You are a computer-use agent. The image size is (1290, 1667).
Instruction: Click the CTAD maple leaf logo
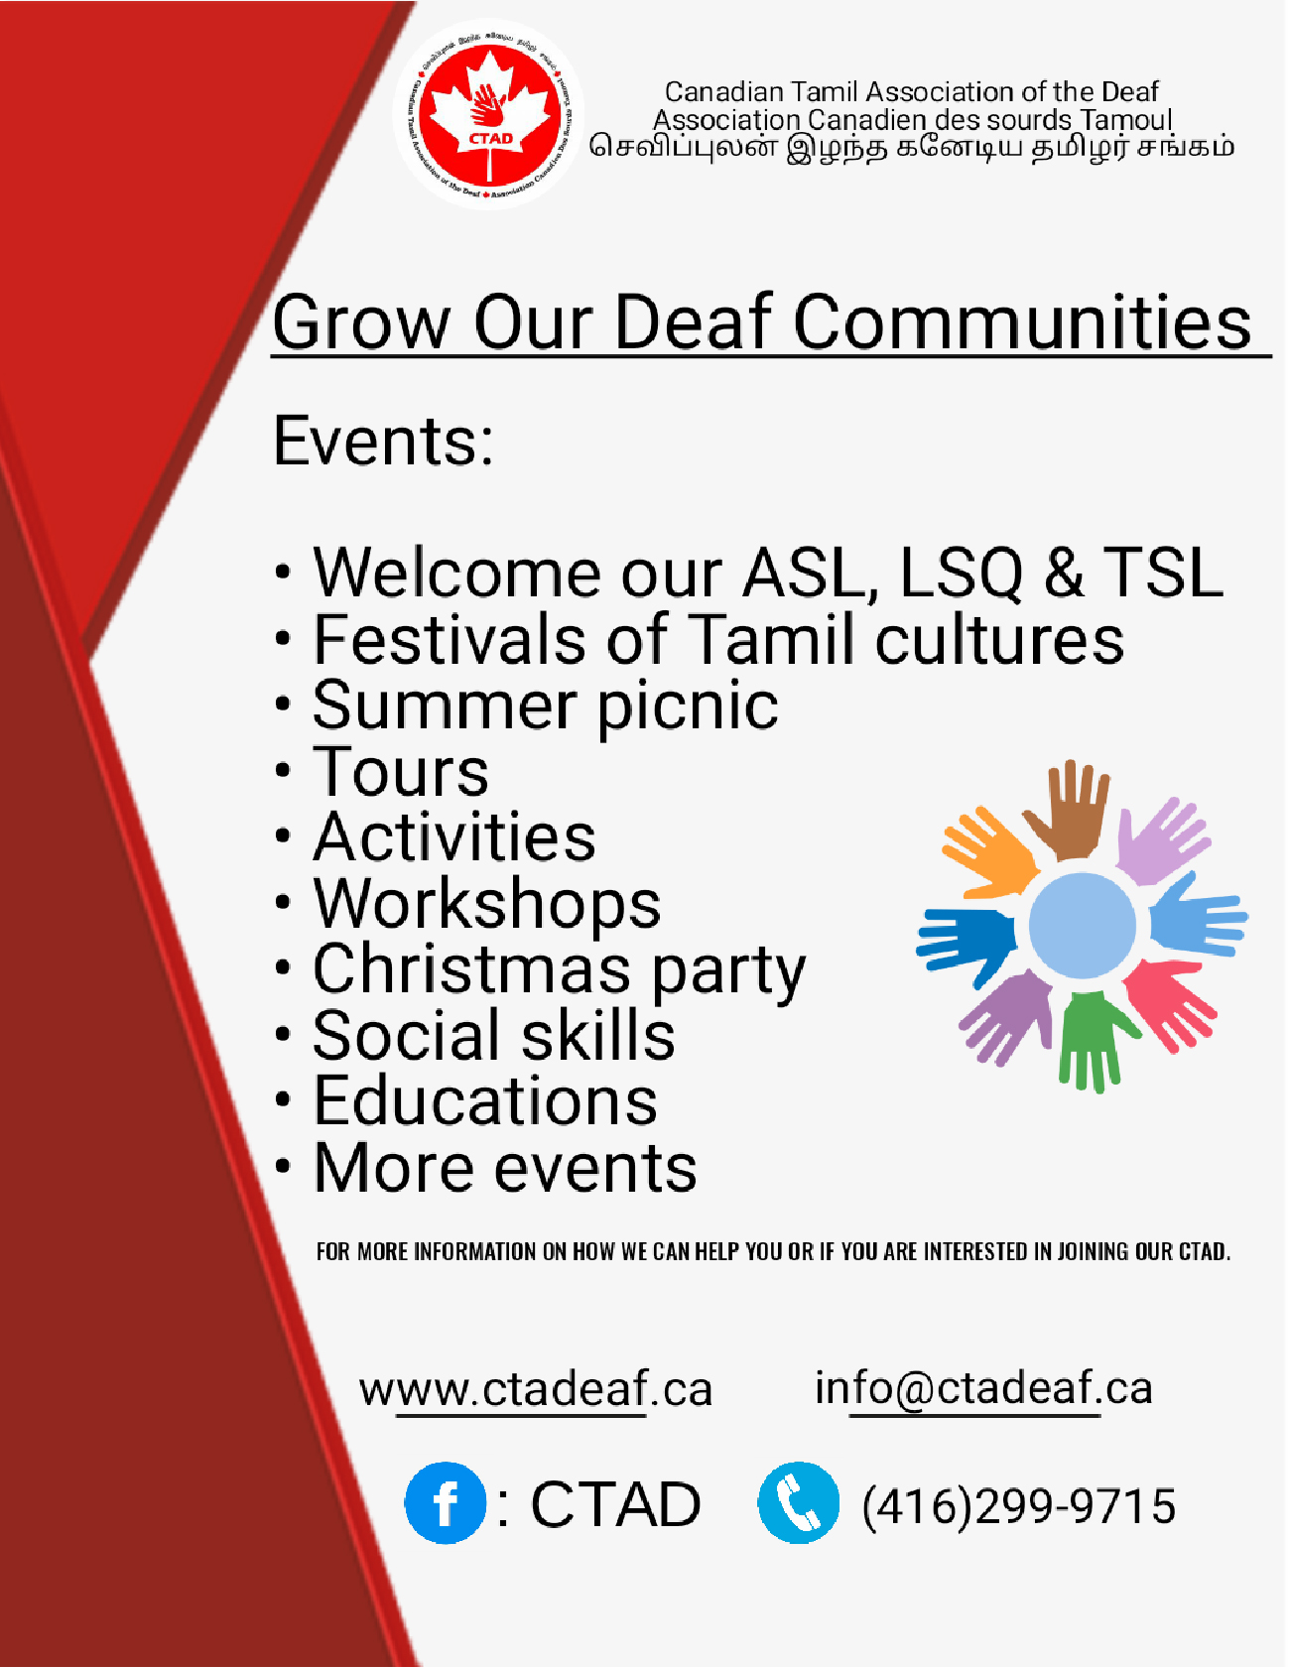pyautogui.click(x=489, y=114)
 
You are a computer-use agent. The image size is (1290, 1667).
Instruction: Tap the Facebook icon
pyautogui.click(x=446, y=1503)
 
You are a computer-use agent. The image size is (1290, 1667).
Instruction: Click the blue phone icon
pyautogui.click(x=798, y=1503)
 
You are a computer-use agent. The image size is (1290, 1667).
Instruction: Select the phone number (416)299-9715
pyautogui.click(x=1018, y=1506)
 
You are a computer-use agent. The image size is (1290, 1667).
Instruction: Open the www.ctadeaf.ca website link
pyautogui.click(x=536, y=1389)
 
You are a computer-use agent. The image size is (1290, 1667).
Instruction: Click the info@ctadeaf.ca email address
pyautogui.click(x=983, y=1388)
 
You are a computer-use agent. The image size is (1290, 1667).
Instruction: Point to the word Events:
pyautogui.click(x=383, y=441)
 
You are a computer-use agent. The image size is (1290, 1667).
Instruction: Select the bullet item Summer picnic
pyautogui.click(x=545, y=705)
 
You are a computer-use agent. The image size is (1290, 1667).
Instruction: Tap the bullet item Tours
pyautogui.click(x=401, y=772)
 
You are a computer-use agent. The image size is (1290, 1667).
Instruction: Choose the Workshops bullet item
pyautogui.click(x=486, y=904)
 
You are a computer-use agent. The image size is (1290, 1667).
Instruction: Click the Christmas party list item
pyautogui.click(x=559, y=970)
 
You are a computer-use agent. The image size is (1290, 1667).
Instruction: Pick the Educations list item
pyautogui.click(x=485, y=1101)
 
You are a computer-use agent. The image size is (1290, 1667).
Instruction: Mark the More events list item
pyautogui.click(x=505, y=1168)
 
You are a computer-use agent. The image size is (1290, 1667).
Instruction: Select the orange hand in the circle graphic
pyautogui.click(x=987, y=853)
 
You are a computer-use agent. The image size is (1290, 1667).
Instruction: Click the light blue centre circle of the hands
pyautogui.click(x=1082, y=926)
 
